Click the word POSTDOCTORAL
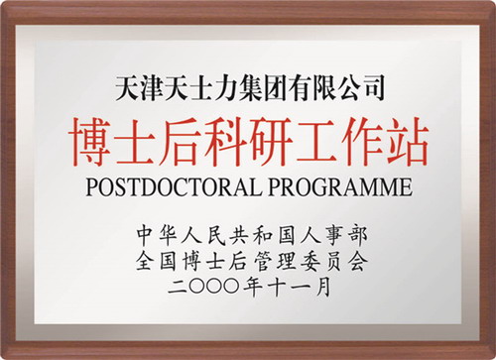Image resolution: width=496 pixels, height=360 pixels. (x=174, y=187)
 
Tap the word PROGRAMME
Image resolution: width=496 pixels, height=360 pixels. (x=340, y=187)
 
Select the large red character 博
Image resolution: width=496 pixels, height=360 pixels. (x=90, y=141)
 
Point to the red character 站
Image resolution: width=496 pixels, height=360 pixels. (x=407, y=141)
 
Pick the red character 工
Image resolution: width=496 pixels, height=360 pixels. (x=316, y=141)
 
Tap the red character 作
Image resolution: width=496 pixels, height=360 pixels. (x=362, y=141)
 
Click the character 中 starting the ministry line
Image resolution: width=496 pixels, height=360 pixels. (x=147, y=236)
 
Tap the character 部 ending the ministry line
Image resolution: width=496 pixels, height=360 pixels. (x=358, y=236)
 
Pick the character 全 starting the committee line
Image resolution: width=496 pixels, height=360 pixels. (x=146, y=261)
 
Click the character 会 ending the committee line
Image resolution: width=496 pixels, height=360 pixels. (x=358, y=261)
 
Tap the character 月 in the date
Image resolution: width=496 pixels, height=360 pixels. (x=322, y=287)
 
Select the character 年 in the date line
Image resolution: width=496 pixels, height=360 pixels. (x=252, y=287)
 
